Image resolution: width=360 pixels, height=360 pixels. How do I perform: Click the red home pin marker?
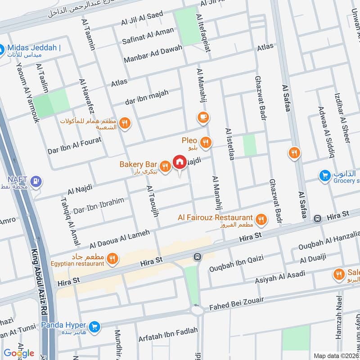click(180, 162)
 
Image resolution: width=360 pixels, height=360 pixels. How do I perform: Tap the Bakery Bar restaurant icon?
click(166, 166)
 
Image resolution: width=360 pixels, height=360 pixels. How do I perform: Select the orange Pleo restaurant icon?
click(206, 143)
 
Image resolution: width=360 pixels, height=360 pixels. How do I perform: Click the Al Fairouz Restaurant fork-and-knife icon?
click(260, 220)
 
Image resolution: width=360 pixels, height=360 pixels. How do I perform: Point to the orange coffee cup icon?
click(203, 118)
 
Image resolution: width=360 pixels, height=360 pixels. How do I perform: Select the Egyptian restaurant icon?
click(112, 259)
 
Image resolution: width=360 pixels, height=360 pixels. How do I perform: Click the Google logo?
click(19, 353)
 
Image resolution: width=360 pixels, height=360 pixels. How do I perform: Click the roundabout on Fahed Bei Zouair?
click(197, 310)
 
